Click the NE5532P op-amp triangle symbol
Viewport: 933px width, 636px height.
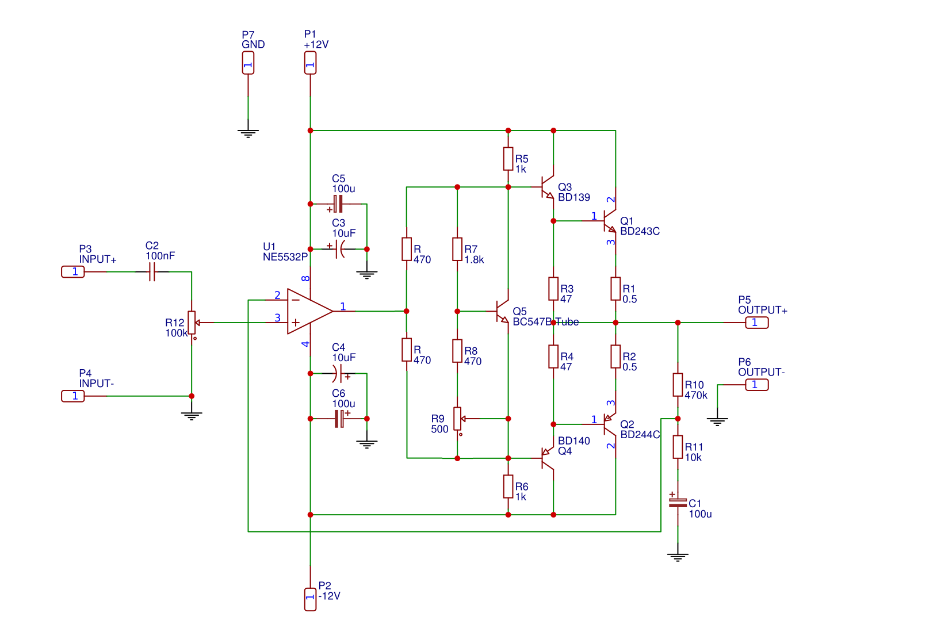(309, 311)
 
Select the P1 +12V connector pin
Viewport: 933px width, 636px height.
(310, 63)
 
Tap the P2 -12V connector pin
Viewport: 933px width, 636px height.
(310, 599)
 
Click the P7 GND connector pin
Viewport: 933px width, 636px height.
(248, 63)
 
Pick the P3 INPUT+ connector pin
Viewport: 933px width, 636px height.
(73, 271)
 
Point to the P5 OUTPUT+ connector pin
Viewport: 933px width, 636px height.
(757, 323)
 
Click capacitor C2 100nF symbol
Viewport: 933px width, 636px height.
(152, 271)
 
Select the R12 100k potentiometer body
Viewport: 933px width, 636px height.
(192, 323)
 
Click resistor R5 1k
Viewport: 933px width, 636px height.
(508, 159)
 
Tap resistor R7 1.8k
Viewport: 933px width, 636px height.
(457, 249)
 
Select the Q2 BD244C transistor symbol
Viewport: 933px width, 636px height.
(610, 424)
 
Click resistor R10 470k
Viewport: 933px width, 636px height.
(678, 385)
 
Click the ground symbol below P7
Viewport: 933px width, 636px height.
(248, 133)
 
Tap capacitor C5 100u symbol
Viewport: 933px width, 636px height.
(338, 204)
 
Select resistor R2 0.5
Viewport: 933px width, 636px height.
(615, 357)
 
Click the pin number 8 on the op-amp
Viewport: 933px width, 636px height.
(305, 278)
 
